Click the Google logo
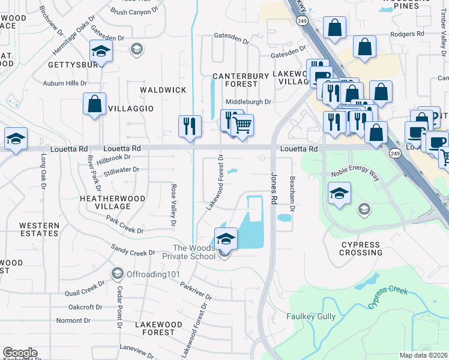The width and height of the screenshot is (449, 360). (x=19, y=353)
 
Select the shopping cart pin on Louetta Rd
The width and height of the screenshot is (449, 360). (x=242, y=126)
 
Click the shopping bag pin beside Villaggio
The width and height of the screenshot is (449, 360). (x=94, y=104)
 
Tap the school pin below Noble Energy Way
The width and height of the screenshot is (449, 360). (x=339, y=194)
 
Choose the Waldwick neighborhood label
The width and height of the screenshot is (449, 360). (x=163, y=89)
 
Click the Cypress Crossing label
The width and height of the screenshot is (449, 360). (x=361, y=248)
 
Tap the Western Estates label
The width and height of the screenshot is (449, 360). (x=39, y=230)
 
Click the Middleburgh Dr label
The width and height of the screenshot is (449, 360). (x=249, y=102)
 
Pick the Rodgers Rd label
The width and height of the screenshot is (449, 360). (x=406, y=34)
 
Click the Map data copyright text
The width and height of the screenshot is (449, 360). (x=423, y=355)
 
